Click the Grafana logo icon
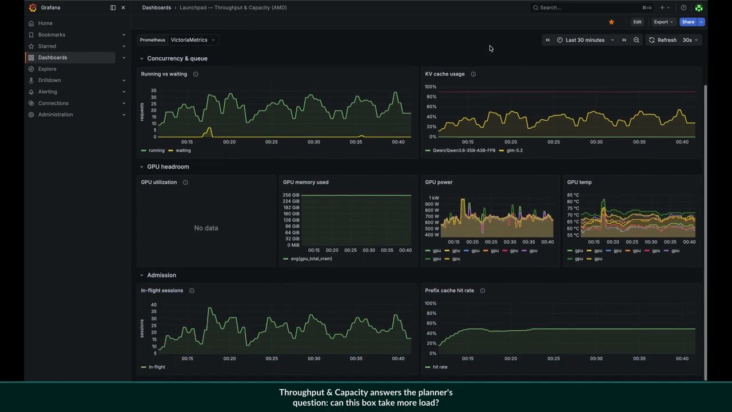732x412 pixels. [33, 7]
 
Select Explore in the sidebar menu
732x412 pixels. [47, 69]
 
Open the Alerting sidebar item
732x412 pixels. [47, 92]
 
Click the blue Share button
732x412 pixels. [688, 22]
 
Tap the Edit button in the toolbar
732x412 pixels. [637, 22]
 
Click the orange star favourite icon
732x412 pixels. [611, 22]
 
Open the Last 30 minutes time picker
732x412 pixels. [585, 40]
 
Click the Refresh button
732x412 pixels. [662, 40]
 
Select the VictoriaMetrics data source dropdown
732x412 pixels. [193, 40]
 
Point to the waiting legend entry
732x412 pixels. [180, 150]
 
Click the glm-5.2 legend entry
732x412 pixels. [511, 150]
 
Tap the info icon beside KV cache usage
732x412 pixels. [473, 74]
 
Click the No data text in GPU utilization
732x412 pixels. [206, 228]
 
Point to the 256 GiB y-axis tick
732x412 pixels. [291, 195]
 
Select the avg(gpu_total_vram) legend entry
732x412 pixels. [308, 259]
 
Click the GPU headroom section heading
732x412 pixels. [168, 167]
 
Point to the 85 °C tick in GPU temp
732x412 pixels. [573, 195]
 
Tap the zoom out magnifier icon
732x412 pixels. [636, 40]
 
